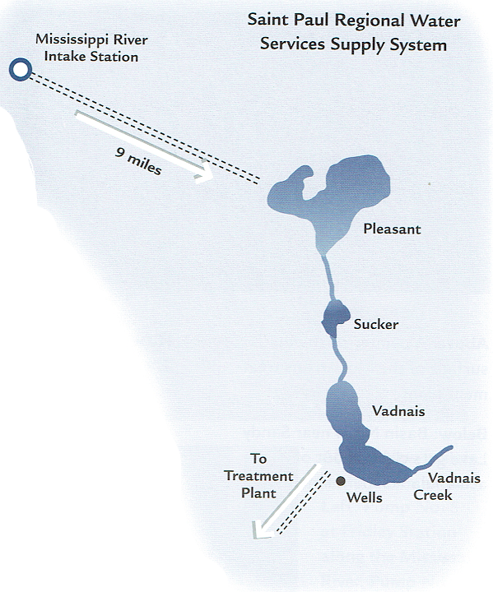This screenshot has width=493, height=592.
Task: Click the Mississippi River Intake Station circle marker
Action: coord(21,69)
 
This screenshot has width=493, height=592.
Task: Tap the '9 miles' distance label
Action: coord(139,161)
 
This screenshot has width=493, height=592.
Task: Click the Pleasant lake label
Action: coord(392,229)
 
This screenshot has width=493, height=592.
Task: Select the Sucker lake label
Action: coord(376,324)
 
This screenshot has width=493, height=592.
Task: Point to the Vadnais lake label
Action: coord(398,411)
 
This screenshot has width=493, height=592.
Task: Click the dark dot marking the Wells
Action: coord(341,481)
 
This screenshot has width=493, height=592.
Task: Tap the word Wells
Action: coord(365,497)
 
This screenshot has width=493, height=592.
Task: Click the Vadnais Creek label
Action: coord(447,486)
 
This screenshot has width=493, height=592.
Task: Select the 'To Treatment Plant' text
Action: coord(259,476)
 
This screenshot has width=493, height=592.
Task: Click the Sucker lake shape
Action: coord(335,318)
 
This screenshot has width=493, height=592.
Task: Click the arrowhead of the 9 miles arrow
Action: coord(204,173)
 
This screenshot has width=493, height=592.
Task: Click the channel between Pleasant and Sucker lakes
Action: coord(328,278)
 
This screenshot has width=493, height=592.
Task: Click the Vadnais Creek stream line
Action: coord(433,459)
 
